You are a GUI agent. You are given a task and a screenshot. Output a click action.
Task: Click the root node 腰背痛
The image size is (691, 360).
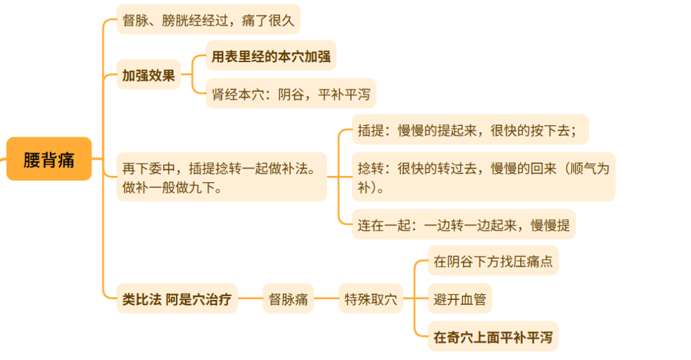pos(49,159)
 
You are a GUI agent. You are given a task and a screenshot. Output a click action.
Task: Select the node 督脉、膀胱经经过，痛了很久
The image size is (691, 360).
pos(208,20)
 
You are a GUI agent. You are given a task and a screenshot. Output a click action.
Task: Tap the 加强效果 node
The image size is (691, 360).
pos(148,75)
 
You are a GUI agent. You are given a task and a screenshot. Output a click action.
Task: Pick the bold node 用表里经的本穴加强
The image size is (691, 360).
pos(271,57)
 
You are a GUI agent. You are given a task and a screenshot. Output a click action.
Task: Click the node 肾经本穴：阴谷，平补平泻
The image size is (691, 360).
pos(290,95)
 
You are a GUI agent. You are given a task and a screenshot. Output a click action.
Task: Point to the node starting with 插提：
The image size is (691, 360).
pos(469,130)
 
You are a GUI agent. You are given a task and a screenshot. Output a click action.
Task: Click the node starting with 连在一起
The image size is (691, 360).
pos(463,224)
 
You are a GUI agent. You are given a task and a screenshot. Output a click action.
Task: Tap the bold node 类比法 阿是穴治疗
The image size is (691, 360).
pos(177,299)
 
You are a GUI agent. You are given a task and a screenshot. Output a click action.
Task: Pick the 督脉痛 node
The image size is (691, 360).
pos(288,299)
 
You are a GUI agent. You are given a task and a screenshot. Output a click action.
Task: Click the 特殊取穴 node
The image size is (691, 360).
pos(370,299)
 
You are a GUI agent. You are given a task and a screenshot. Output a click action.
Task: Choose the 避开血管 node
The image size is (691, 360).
pos(459,299)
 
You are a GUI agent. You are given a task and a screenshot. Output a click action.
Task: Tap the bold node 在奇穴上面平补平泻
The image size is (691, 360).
pos(493,336)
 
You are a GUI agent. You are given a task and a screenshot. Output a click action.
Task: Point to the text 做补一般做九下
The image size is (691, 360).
pos(172,189)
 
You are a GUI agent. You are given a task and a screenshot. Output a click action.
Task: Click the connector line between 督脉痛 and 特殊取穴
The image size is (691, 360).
pos(326,299)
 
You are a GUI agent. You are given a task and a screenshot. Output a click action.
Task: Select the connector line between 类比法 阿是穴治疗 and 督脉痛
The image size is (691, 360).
pos(250,299)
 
